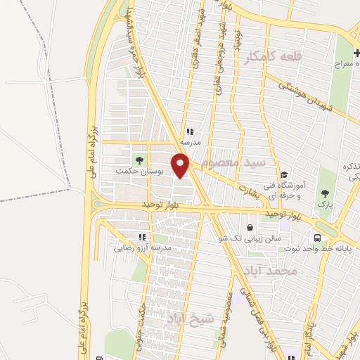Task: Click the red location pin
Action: [181, 166]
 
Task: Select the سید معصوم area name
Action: [233, 162]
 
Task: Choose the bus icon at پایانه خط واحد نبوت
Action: [318, 238]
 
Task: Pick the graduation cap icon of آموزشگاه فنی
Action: [284, 175]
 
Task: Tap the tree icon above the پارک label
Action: [324, 193]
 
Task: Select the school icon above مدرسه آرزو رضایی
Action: [142, 238]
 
